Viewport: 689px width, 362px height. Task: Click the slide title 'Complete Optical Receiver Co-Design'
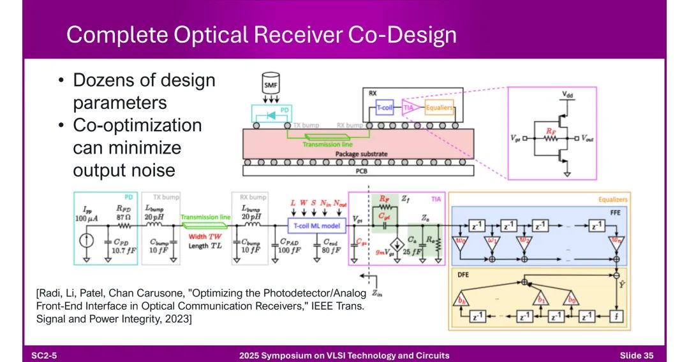(261, 34)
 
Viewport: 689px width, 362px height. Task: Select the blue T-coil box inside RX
(387, 108)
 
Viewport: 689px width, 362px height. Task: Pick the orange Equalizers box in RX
(438, 108)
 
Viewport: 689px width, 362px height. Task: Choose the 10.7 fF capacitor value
(122, 250)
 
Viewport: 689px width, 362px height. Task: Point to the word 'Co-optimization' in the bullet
(137, 125)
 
